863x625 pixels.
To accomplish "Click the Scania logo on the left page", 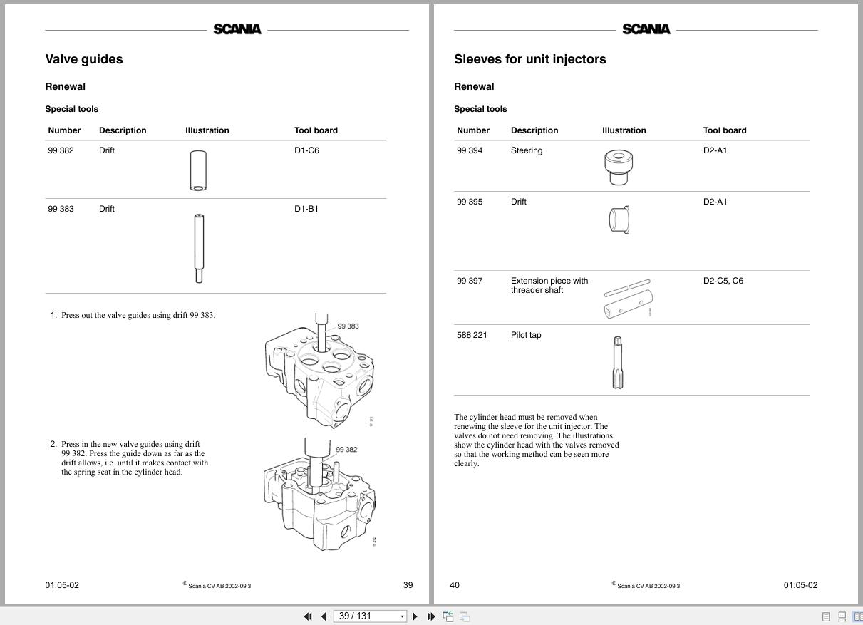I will pyautogui.click(x=237, y=29).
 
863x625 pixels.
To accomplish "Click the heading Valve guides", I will pyautogui.click(x=84, y=59).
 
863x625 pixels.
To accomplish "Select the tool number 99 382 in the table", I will pyautogui.click(x=61, y=150).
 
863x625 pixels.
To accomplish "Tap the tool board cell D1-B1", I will pyautogui.click(x=306, y=209).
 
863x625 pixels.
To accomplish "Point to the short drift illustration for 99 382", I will pyautogui.click(x=198, y=170).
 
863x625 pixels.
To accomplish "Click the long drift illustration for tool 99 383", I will pyautogui.click(x=199, y=248).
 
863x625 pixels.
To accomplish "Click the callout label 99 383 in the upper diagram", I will pyautogui.click(x=348, y=326).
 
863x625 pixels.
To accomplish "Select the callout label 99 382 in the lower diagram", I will pyautogui.click(x=346, y=450).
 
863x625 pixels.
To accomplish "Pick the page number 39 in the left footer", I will pyautogui.click(x=408, y=585).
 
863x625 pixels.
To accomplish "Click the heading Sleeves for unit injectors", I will pyautogui.click(x=529, y=59).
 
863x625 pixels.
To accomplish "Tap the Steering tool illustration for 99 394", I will pyautogui.click(x=619, y=167).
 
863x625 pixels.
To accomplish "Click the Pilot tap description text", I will pyautogui.click(x=526, y=335).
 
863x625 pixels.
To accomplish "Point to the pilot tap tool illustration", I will pyautogui.click(x=618, y=362).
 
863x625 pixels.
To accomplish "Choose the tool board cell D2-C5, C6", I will pyautogui.click(x=723, y=281).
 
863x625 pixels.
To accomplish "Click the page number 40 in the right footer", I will pyautogui.click(x=455, y=585).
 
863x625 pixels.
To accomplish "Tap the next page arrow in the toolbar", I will pyautogui.click(x=415, y=616).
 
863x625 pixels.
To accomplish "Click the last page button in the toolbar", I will pyautogui.click(x=431, y=616).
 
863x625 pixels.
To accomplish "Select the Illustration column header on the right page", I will pyautogui.click(x=624, y=130).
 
